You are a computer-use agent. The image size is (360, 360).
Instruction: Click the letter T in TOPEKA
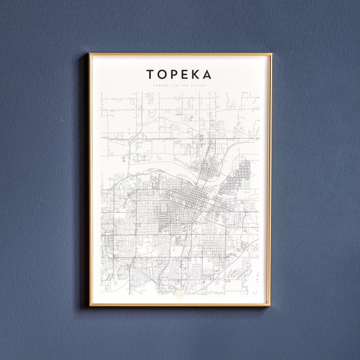pyautogui.click(x=150, y=75)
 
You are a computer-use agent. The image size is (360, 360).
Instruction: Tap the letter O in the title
pyautogui.click(x=162, y=75)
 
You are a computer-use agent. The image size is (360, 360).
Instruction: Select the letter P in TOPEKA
pyautogui.click(x=174, y=75)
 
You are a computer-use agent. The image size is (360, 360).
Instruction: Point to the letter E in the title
pyautogui.click(x=186, y=75)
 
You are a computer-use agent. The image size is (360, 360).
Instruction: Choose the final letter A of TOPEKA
pyautogui.click(x=208, y=75)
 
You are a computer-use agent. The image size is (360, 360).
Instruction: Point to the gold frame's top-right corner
pyautogui.click(x=271, y=54)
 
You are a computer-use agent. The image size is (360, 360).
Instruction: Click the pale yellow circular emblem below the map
pyautogui.click(x=179, y=293)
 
